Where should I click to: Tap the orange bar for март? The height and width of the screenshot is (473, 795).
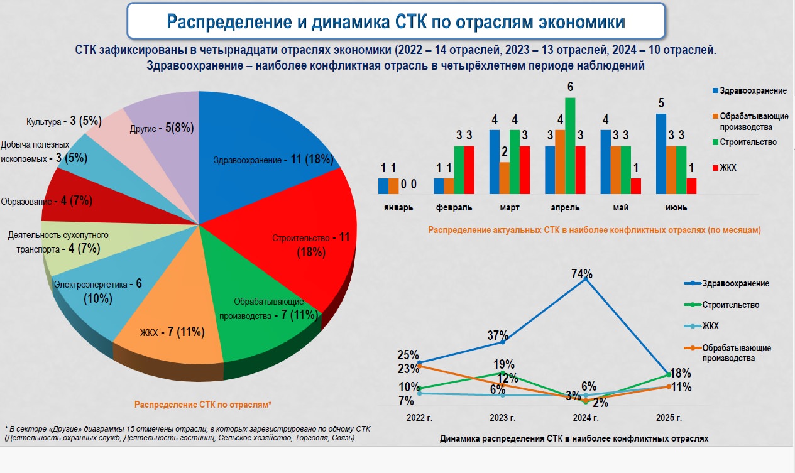(505, 178)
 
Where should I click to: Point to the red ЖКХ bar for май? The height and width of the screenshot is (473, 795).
(636, 186)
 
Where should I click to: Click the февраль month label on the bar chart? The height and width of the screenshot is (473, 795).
(453, 207)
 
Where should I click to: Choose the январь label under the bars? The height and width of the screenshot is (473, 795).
(398, 207)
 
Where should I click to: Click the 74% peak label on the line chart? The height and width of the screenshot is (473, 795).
(582, 274)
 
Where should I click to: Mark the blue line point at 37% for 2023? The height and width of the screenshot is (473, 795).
(502, 342)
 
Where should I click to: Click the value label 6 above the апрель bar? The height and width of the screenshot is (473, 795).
(570, 87)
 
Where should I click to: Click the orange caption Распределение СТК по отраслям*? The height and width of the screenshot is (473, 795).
(202, 405)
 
